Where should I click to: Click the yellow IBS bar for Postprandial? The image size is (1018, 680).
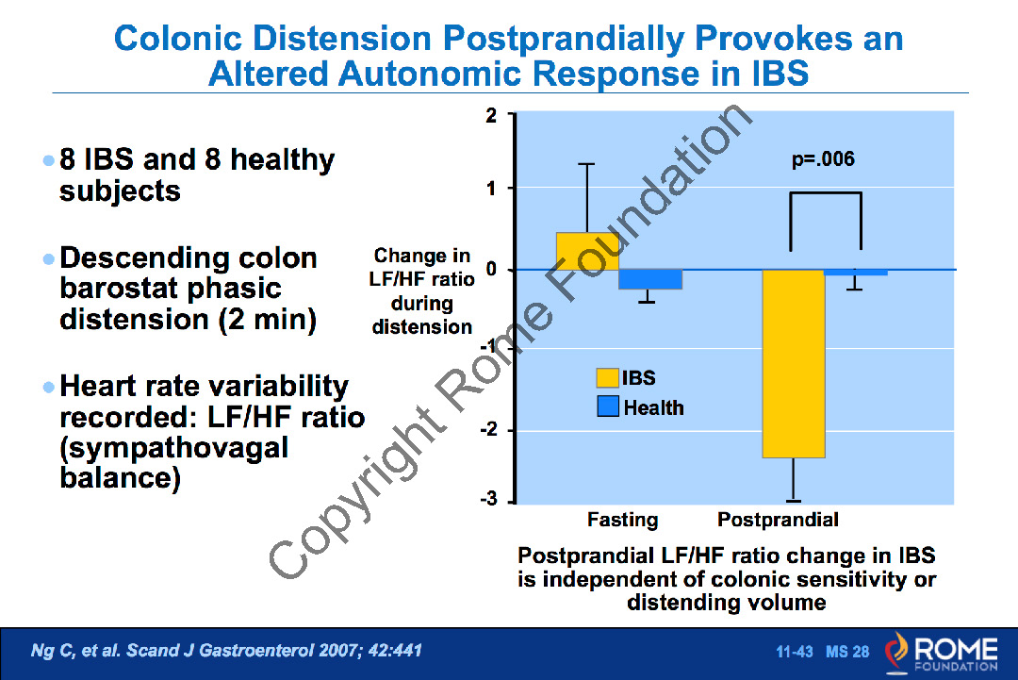(794, 363)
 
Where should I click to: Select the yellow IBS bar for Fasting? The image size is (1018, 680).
(587, 251)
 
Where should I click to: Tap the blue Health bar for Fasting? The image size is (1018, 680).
(650, 279)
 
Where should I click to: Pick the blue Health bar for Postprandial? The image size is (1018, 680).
(856, 273)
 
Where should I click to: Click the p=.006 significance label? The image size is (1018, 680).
(823, 159)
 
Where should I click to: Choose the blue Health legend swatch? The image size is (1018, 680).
(607, 407)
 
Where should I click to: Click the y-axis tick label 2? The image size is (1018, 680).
(490, 115)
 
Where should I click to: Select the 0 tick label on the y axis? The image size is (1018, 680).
(490, 270)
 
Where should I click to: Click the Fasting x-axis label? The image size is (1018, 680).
(622, 520)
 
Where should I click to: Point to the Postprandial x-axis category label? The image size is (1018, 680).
(778, 520)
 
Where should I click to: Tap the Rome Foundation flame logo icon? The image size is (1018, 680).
(897, 652)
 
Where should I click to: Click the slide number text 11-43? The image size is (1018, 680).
(795, 652)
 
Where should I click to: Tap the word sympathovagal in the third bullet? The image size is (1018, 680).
(173, 447)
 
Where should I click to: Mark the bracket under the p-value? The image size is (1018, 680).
(825, 193)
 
